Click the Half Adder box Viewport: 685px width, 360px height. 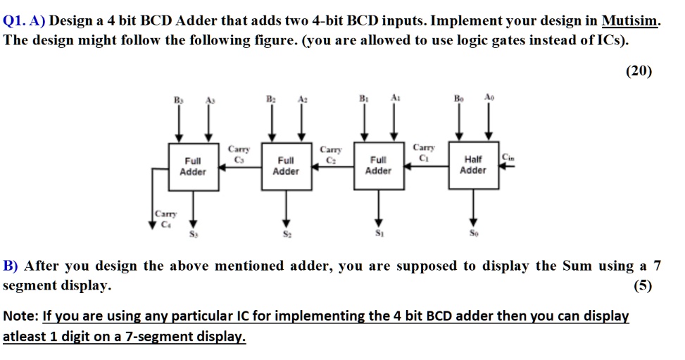pos(472,165)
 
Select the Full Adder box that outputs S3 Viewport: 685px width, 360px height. pos(192,166)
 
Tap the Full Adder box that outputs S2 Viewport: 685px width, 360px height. pos(285,166)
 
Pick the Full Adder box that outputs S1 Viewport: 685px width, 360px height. pos(378,165)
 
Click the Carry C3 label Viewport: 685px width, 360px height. pos(239,154)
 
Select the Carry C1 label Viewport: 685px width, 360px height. pos(424,152)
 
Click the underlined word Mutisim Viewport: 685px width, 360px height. pos(631,21)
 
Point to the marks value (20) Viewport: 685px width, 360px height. pos(639,70)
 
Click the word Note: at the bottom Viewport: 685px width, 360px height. pos(21,316)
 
